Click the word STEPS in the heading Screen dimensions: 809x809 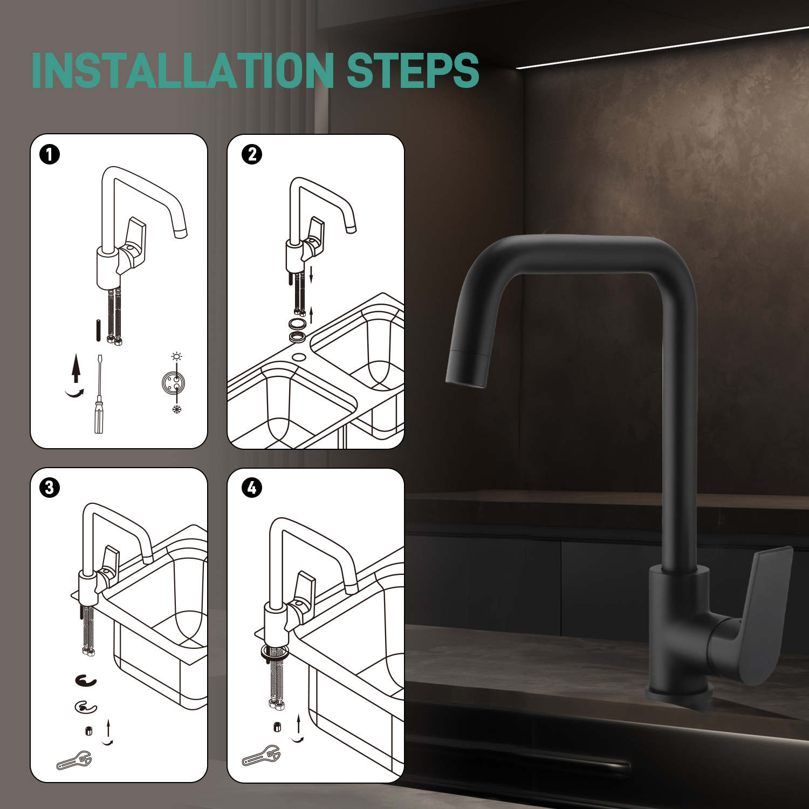click(413, 70)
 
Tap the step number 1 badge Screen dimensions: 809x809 click(50, 155)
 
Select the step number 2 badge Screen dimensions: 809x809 click(252, 155)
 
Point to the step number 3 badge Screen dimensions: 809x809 click(50, 488)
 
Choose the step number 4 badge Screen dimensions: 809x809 click(252, 488)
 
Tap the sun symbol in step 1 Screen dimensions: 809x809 click(176, 356)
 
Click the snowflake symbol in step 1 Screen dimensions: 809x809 click(176, 409)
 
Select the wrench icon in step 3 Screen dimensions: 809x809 click(74, 760)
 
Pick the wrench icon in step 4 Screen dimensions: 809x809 click(261, 756)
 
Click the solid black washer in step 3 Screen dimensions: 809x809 click(86, 681)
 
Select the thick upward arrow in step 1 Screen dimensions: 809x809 click(76, 368)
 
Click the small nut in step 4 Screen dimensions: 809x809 click(277, 726)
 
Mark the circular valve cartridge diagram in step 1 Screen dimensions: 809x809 click(174, 382)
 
